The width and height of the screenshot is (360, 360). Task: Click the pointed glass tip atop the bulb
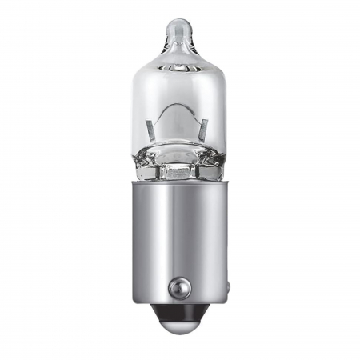click(x=180, y=28)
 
